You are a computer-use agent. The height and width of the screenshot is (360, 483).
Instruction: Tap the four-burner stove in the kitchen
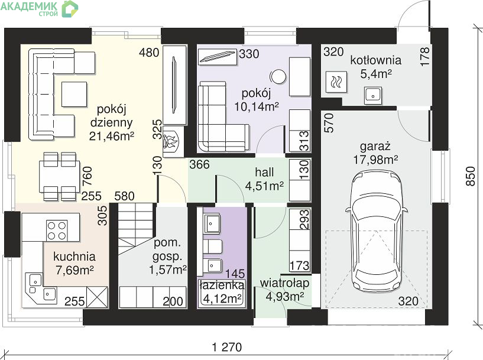coord(57,231)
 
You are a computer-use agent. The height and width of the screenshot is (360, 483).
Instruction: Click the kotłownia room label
coord(376,60)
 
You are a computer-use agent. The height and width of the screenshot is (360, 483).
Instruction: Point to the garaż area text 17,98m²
coord(375,160)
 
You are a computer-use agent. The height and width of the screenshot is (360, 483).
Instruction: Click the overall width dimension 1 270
coord(227,347)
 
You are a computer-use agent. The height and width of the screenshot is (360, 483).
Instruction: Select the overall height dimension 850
coord(471,176)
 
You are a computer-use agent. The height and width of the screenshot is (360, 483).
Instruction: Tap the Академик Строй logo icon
coord(70,8)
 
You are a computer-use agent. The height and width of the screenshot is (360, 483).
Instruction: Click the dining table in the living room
coord(60,177)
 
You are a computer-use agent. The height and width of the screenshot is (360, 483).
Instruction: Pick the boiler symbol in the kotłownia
coord(336,82)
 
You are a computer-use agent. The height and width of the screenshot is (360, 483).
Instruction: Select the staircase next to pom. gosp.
coord(137,229)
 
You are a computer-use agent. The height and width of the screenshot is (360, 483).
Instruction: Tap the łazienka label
coord(222,285)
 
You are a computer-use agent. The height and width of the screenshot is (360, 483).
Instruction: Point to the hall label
coord(264,173)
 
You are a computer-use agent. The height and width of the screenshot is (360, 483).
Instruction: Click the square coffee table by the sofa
coord(74,94)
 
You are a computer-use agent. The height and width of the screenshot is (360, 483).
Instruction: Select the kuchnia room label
coord(74,257)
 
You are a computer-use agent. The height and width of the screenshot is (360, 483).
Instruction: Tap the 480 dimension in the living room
coord(149,53)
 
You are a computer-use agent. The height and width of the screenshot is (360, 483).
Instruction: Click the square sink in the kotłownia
coord(373,95)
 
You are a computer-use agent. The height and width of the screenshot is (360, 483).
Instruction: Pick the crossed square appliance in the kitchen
coord(97,297)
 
